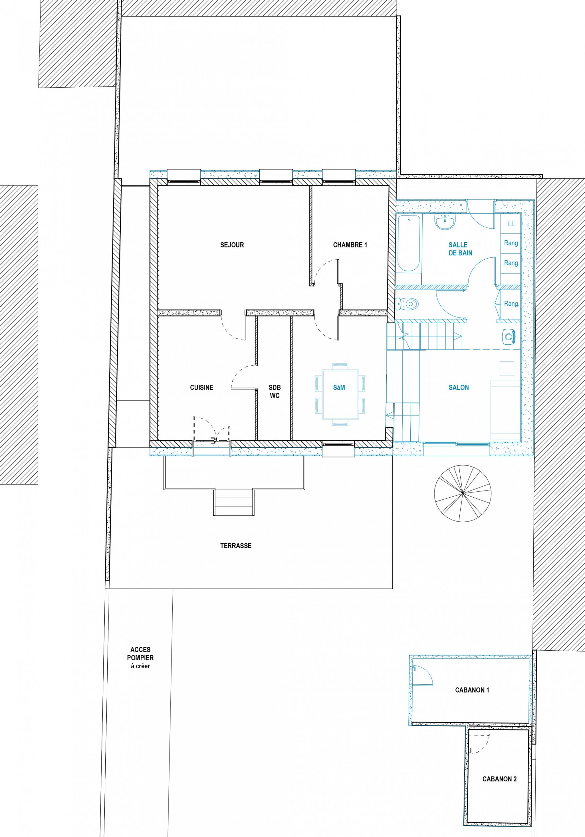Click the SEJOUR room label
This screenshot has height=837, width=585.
tap(232, 245)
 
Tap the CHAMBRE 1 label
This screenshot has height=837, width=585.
tap(350, 245)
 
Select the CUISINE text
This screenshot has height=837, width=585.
tap(202, 387)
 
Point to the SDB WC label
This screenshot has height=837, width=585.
tap(275, 391)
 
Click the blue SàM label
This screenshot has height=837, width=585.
tap(339, 387)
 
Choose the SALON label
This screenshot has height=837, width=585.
tap(459, 387)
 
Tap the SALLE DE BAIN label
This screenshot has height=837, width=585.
tap(460, 249)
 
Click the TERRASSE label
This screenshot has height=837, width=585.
tap(236, 546)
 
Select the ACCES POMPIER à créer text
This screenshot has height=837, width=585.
tap(140, 658)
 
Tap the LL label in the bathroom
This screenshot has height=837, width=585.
tap(511, 224)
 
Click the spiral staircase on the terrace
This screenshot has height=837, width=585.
tap(462, 493)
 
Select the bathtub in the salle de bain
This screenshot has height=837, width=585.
tap(409, 244)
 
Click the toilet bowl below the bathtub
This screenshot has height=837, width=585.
tap(407, 303)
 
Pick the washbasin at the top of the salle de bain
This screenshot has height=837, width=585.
tap(445, 222)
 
